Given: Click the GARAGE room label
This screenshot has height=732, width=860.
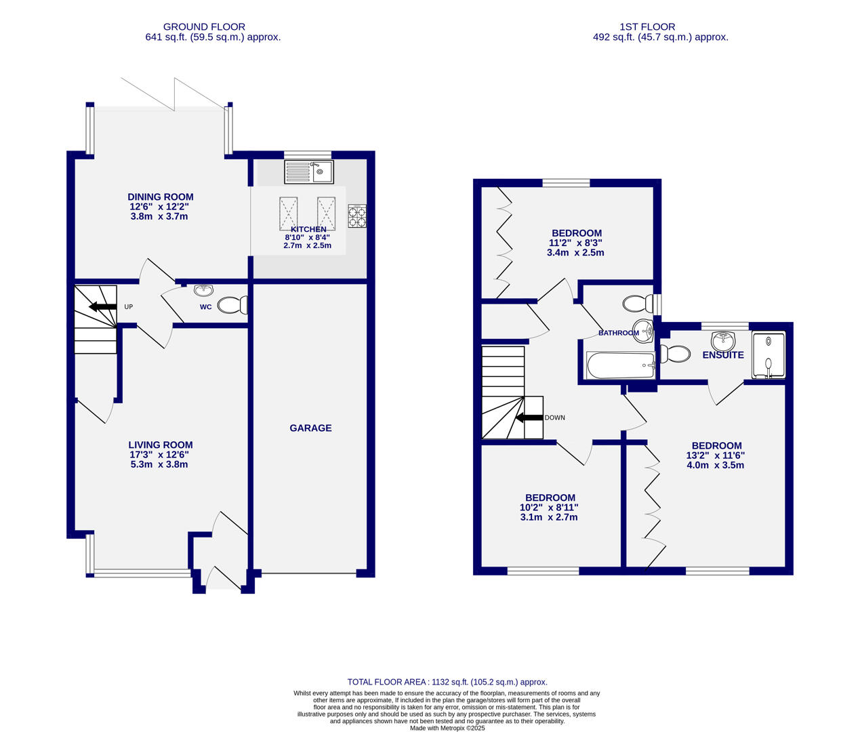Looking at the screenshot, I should pos(310,428).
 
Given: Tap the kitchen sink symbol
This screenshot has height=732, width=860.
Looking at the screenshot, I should pos(308,171).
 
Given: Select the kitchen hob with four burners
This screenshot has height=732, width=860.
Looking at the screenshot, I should pos(357,216).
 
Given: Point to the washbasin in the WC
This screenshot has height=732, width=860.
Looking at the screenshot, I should pos(203,291).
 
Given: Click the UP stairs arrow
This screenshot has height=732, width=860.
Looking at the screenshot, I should pos(102,306).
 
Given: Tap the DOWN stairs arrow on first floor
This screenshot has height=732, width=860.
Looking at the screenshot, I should pos(529,418).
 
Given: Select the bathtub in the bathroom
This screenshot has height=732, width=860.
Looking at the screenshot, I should pos(620,365).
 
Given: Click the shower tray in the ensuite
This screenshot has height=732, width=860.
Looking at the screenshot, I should pos(768,354).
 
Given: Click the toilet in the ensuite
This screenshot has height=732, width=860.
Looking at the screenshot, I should pos(674,354).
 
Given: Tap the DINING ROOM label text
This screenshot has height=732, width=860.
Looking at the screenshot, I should pos(161,197).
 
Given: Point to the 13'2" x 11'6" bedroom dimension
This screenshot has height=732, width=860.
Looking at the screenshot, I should pos(716,455).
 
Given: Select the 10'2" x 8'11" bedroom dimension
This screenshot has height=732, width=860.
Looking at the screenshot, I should pos(549,507).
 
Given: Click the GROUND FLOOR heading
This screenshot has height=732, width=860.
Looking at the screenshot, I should pos(204,27).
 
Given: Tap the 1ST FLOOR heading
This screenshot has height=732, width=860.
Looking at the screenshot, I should pos(647,27).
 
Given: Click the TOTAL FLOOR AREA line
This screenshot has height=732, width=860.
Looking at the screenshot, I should pos(447,682).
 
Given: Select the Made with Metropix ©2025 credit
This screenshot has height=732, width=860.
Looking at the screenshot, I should pos(447,728).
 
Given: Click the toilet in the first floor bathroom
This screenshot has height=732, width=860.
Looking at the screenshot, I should pos(636,303).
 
